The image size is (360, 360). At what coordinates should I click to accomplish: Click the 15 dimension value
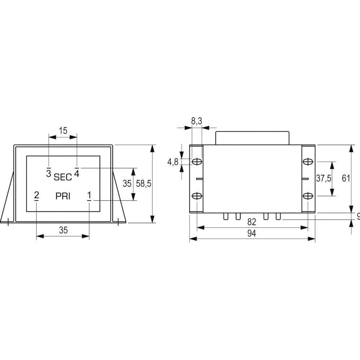pos(63,130)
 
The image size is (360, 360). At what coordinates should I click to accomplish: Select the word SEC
pos(63,177)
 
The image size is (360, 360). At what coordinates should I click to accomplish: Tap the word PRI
pos(63,196)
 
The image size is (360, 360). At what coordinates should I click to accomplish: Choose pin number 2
pos(37,196)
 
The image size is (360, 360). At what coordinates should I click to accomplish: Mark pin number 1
pos(89,196)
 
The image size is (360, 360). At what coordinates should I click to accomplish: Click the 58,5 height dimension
pos(143,184)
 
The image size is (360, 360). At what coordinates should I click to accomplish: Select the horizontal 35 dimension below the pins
pos(63,230)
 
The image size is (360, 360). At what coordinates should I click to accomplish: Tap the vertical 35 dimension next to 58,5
pos(127,184)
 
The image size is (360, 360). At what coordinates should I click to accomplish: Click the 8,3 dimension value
pos(196,122)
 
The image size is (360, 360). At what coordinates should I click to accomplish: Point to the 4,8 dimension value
pos(172,162)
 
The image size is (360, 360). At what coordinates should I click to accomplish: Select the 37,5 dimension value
pos(323,179)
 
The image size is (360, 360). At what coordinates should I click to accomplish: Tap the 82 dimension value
pos(252,222)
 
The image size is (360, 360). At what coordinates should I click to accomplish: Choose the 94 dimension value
pos(252,233)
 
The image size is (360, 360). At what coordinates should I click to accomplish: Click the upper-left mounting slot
pos(197,162)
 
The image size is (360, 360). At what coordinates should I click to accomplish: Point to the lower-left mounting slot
pos(197,196)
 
